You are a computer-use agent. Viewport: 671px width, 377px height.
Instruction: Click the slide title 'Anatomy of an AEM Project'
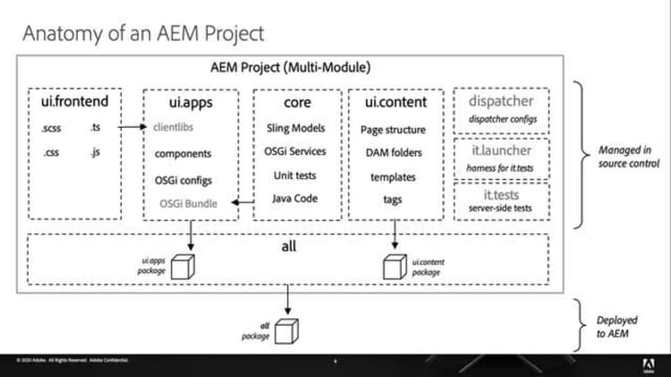pyautogui.click(x=143, y=34)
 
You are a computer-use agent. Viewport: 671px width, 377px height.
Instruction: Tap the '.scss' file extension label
pyautogui.click(x=50, y=128)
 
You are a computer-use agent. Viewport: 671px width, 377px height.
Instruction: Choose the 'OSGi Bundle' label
pyautogui.click(x=186, y=203)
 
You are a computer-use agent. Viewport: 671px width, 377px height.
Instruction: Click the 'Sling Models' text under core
pyautogui.click(x=296, y=128)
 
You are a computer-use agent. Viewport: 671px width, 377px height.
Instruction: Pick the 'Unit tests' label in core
pyautogui.click(x=295, y=175)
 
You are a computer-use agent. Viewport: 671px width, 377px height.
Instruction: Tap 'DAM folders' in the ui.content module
pyautogui.click(x=393, y=153)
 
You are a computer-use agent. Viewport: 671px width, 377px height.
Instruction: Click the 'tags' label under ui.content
pyautogui.click(x=393, y=200)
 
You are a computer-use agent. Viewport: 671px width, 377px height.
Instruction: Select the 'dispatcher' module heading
pyautogui.click(x=501, y=101)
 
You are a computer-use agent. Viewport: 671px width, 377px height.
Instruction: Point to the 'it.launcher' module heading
pyautogui.click(x=501, y=150)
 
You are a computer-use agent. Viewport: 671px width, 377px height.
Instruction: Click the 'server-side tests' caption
pyautogui.click(x=501, y=208)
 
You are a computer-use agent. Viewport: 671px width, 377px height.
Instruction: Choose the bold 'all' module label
pyautogui.click(x=288, y=244)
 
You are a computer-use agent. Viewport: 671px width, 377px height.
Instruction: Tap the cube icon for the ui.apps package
pyautogui.click(x=183, y=267)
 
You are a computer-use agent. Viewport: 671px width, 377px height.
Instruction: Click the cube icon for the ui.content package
pyautogui.click(x=393, y=267)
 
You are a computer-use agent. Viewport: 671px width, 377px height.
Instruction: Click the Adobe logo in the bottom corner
pyautogui.click(x=647, y=364)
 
